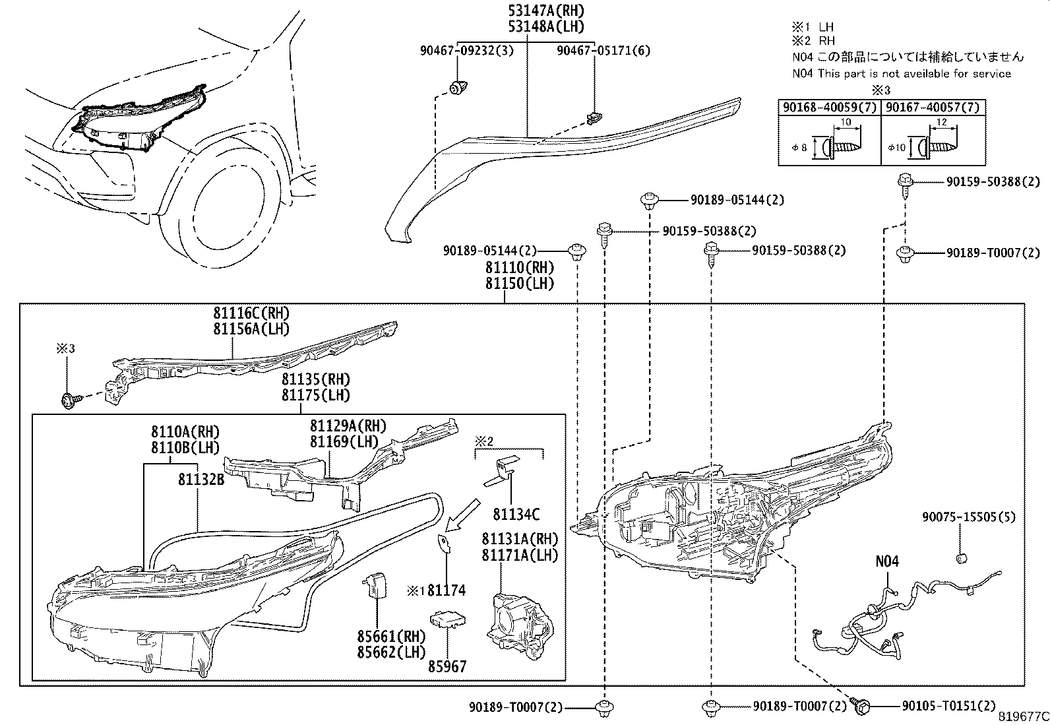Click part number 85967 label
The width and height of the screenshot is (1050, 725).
click(448, 666)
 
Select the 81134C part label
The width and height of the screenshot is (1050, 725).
click(516, 514)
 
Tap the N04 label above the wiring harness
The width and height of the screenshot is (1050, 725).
click(887, 561)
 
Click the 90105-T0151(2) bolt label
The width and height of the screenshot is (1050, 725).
click(948, 707)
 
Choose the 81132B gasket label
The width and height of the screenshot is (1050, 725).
click(201, 480)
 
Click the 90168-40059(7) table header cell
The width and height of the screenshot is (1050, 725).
click(830, 107)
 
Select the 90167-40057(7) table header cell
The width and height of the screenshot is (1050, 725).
click(932, 107)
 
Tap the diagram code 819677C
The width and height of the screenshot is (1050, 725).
click(1022, 717)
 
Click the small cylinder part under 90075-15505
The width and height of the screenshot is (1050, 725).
click(961, 559)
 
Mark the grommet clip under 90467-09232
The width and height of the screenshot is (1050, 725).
click(457, 87)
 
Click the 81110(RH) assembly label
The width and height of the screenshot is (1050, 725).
click(520, 268)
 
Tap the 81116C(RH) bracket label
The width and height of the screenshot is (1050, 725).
click(251, 313)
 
